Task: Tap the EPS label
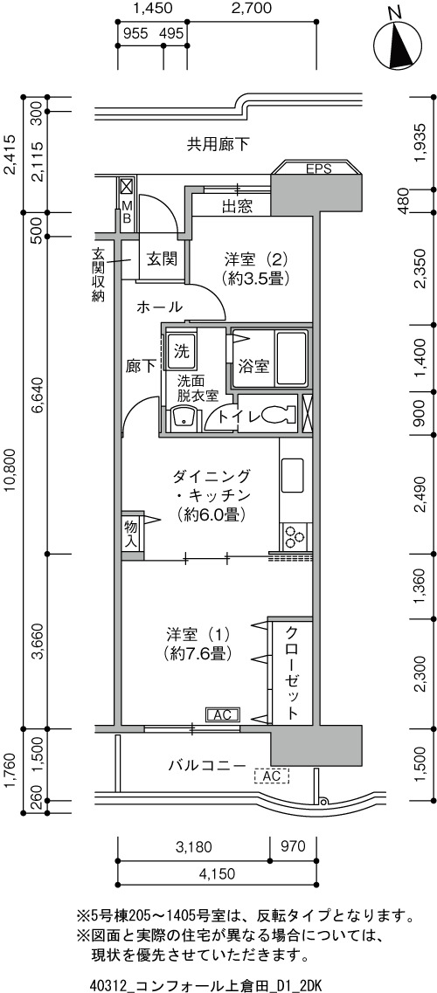pyautogui.click(x=319, y=169)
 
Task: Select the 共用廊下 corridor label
pyautogui.click(x=218, y=145)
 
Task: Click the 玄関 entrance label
pyautogui.click(x=162, y=259)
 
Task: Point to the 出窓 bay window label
pyautogui.click(x=238, y=206)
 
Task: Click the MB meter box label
pyautogui.click(x=126, y=211)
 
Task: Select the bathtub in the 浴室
pyautogui.click(x=291, y=358)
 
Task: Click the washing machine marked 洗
pyautogui.click(x=181, y=349)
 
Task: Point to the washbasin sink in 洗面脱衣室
pyautogui.click(x=184, y=418)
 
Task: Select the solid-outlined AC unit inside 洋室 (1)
pyautogui.click(x=222, y=714)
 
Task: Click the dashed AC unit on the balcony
pyautogui.click(x=271, y=776)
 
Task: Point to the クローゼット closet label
pyautogui.click(x=291, y=672)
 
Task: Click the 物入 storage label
pyautogui.click(x=130, y=533)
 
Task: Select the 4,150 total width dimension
pyautogui.click(x=218, y=874)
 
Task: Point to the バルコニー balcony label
pyautogui.click(x=206, y=765)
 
